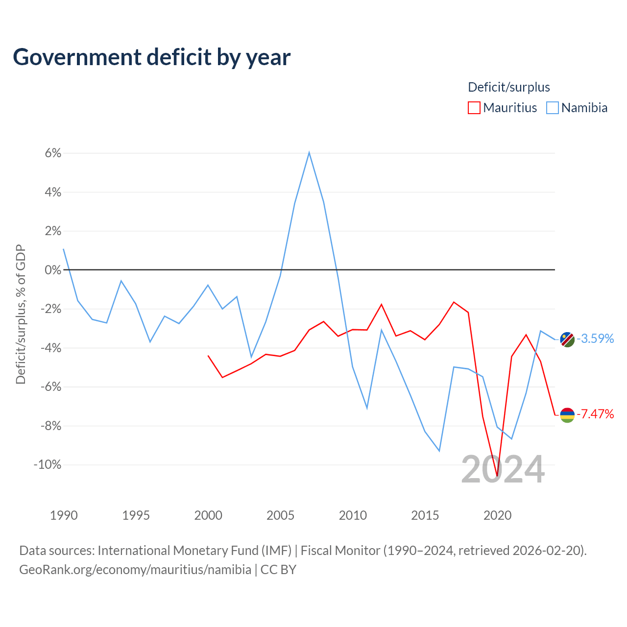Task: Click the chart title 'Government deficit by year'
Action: coord(151,58)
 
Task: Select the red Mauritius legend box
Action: coord(474,108)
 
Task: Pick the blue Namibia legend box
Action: coord(552,108)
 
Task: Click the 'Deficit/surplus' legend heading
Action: coord(508,87)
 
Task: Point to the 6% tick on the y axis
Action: coord(53,153)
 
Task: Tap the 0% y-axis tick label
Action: coord(53,270)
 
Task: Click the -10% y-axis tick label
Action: coord(48,465)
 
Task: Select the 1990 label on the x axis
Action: coord(64,515)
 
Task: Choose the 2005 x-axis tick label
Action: coord(280,515)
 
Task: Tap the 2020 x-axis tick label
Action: coord(497,515)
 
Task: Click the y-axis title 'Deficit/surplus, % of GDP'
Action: coord(21,314)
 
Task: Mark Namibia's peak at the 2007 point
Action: coord(309,152)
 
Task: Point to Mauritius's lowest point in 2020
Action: coord(497,476)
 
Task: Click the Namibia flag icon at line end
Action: coord(567,339)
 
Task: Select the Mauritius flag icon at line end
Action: coord(567,415)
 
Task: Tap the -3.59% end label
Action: coord(595,338)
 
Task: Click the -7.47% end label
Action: coord(595,414)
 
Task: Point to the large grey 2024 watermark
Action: coord(503,469)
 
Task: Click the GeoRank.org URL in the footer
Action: coord(135,570)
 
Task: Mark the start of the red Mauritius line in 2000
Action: coord(208,356)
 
